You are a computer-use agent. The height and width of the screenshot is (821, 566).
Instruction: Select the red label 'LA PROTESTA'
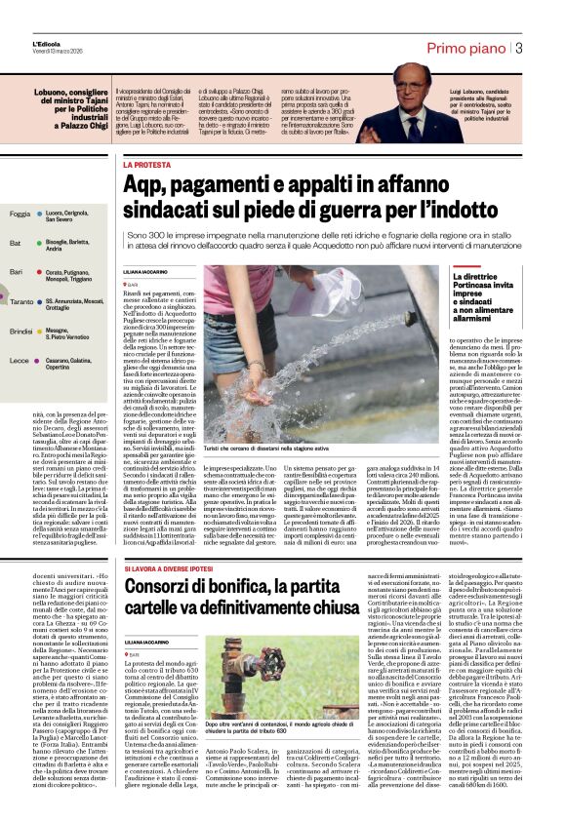point(145,166)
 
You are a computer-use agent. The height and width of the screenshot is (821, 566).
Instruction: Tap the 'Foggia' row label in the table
point(19,214)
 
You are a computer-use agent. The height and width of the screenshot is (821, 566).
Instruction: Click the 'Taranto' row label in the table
point(21,303)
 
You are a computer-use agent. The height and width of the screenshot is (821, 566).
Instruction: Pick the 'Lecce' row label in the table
point(18,361)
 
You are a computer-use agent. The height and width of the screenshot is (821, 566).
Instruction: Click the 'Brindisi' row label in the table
point(20,332)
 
